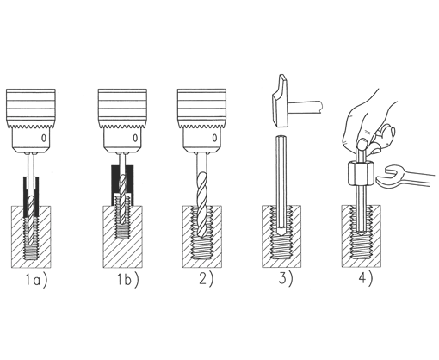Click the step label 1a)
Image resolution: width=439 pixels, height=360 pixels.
click(x=36, y=280)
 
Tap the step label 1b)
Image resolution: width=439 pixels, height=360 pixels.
click(x=127, y=280)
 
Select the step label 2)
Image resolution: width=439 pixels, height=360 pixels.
click(x=207, y=279)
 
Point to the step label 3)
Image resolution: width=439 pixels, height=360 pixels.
click(x=286, y=278)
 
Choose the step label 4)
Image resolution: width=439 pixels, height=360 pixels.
click(x=365, y=278)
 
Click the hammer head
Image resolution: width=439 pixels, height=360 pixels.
click(x=281, y=101)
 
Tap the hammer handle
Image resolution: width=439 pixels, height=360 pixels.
click(x=306, y=106)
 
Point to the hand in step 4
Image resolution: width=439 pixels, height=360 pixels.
click(x=370, y=123)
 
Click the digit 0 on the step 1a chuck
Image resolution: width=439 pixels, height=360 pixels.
click(x=44, y=139)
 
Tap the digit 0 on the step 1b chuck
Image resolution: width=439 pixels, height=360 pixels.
click(x=135, y=139)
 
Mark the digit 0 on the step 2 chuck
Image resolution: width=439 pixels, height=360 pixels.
click(x=214, y=139)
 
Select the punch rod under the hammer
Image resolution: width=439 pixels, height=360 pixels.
click(x=281, y=183)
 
